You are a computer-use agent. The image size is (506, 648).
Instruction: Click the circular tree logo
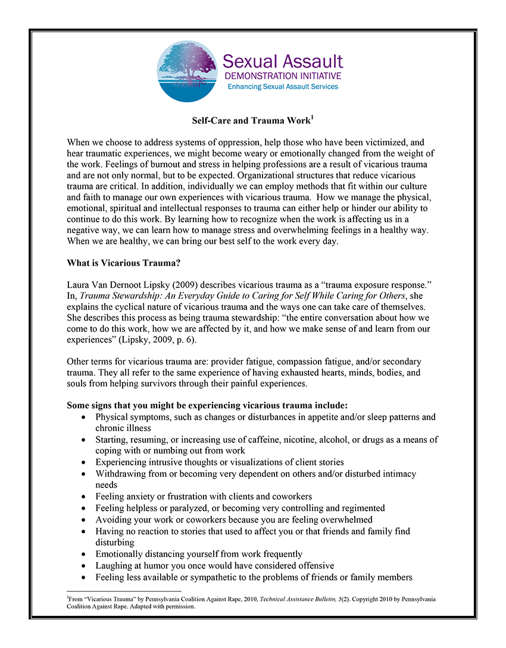tap(187, 71)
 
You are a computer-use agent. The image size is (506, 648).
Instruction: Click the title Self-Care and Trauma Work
tap(250, 121)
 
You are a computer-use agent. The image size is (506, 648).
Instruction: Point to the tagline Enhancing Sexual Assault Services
tap(283, 87)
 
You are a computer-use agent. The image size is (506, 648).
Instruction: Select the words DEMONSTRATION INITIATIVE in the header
tap(282, 76)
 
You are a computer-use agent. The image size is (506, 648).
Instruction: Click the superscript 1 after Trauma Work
tap(312, 118)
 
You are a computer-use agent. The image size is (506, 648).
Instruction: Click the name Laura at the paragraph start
tap(79, 286)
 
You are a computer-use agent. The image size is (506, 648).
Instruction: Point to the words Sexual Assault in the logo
tap(282, 62)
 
